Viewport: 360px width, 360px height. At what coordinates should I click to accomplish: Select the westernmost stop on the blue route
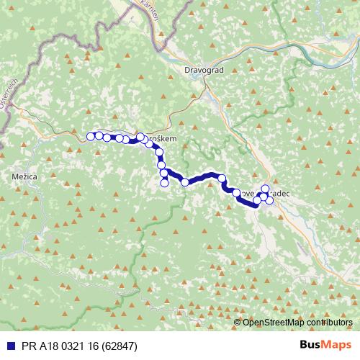(91, 136)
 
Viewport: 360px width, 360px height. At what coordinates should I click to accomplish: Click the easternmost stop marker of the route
(269, 200)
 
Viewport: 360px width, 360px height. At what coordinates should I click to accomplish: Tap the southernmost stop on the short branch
(164, 183)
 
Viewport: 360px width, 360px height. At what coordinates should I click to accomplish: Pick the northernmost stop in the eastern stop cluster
(265, 189)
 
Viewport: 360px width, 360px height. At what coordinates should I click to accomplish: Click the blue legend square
(6, 345)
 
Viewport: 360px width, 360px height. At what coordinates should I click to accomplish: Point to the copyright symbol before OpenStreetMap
(237, 323)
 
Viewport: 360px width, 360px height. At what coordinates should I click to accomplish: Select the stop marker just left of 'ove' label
(236, 192)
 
